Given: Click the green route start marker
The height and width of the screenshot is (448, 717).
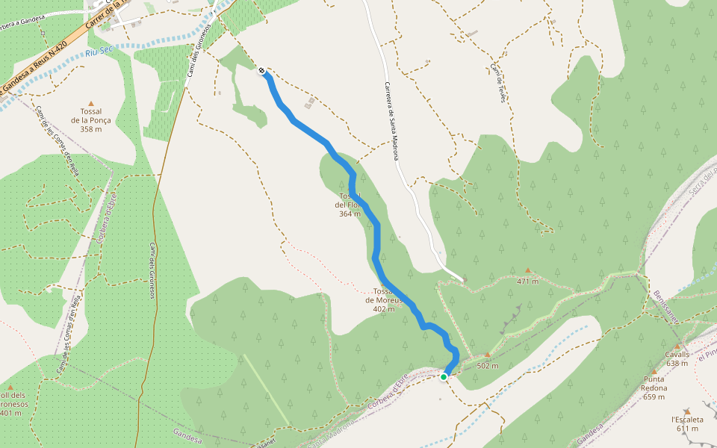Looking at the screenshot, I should tap(444, 377).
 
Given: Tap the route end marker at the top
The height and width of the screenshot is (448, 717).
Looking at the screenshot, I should tap(262, 71).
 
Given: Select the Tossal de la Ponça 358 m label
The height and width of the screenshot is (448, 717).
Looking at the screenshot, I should tap(91, 120).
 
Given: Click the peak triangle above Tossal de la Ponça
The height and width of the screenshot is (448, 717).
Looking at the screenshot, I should tap(91, 104).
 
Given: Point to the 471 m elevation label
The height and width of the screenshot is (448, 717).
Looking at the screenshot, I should tap(528, 281).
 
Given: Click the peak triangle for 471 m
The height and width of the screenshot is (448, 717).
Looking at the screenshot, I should tap(528, 270).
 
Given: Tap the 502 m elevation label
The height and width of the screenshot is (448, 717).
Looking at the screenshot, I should tap(488, 366).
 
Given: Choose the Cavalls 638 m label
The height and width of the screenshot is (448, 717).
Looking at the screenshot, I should tap(677, 359).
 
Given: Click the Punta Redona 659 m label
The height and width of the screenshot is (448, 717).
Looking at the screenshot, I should tap(654, 388).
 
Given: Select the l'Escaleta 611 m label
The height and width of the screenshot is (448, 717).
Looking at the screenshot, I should tap(687, 423).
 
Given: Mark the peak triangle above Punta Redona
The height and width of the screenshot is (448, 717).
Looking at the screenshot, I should tap(654, 372).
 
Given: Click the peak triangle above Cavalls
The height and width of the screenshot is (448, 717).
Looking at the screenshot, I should tap(677, 346).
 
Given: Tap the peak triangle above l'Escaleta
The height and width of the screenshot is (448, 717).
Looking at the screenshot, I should tap(687, 411).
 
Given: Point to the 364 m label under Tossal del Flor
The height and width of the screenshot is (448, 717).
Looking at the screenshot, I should tap(350, 214).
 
